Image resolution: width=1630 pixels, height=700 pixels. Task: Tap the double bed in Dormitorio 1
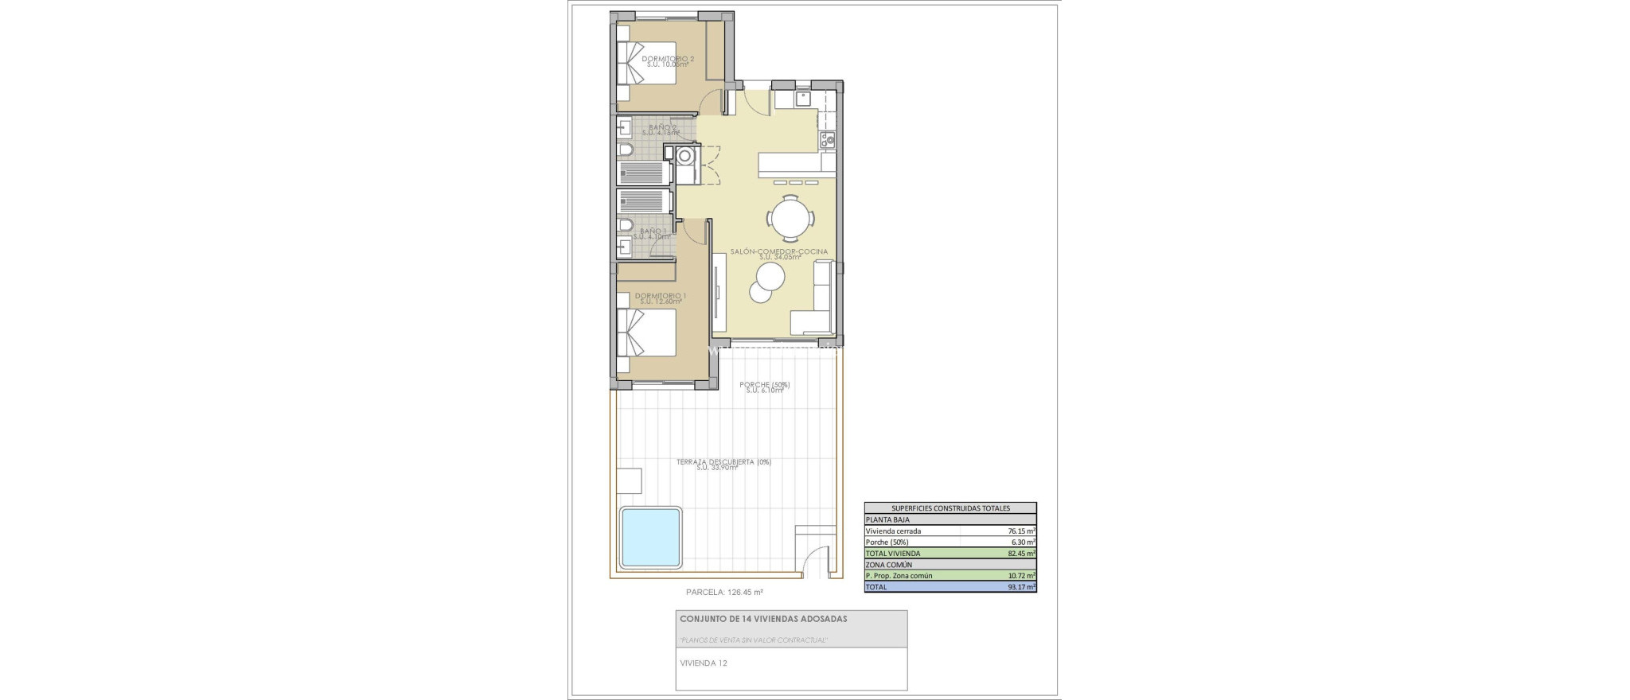pos(646,332)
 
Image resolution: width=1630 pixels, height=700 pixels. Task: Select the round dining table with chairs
pos(791,218)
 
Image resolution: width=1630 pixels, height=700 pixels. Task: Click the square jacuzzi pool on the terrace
pos(651,537)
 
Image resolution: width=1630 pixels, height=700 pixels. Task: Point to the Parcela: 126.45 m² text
pos(724,592)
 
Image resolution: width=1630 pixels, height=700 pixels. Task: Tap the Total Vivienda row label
pos(893,553)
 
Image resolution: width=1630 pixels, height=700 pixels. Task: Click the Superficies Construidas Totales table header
pos(950,507)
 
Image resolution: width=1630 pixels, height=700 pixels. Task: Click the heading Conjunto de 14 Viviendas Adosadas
pos(762,618)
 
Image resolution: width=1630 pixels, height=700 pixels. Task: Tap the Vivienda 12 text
pos(703,663)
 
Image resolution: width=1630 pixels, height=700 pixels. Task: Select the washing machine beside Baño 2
pos(684,156)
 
